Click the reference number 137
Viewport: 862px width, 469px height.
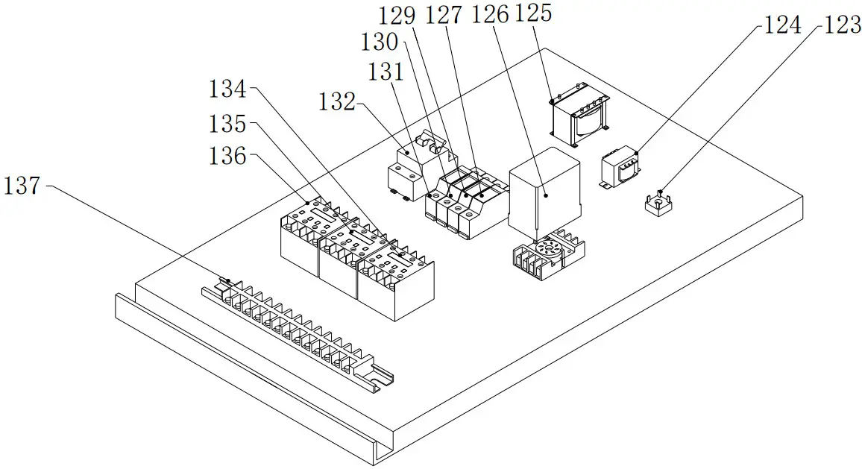point(22,186)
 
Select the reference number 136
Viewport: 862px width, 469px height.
point(227,156)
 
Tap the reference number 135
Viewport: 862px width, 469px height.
point(227,123)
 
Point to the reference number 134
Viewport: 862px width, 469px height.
point(227,90)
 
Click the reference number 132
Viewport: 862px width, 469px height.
point(338,101)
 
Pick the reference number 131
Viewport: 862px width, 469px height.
point(386,72)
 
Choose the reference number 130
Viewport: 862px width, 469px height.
point(380,42)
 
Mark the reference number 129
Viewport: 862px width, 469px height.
point(398,14)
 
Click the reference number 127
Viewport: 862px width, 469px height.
point(444,14)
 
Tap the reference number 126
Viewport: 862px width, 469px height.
point(490,14)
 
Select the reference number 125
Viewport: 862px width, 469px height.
point(533,14)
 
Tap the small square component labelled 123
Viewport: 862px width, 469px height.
point(658,205)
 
